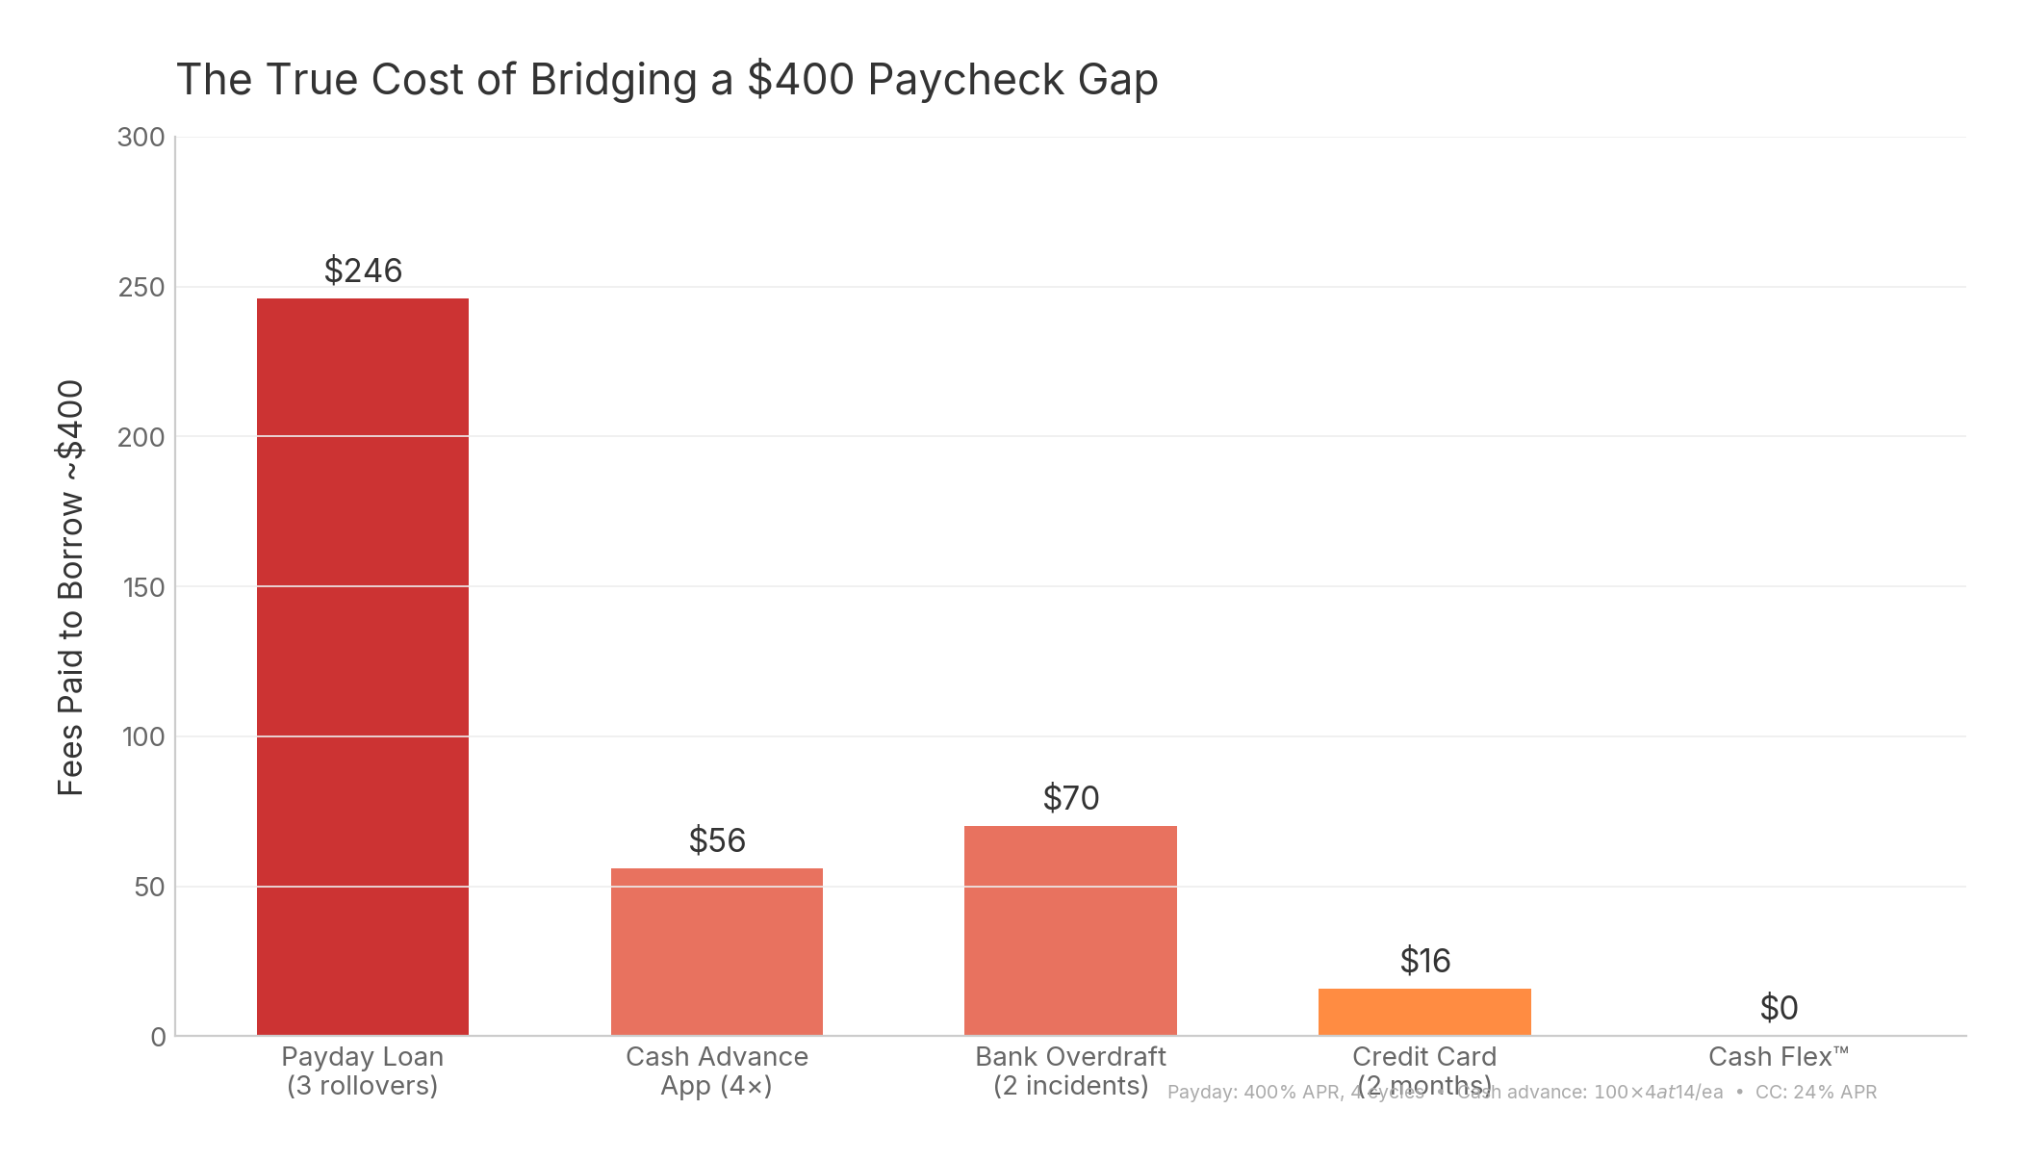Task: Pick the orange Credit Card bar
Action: [1423, 1012]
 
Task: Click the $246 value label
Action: [363, 271]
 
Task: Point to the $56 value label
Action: [717, 840]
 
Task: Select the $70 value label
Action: [1070, 798]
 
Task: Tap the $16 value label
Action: [1424, 961]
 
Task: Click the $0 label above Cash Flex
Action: [1779, 1008]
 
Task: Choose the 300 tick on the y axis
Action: [141, 138]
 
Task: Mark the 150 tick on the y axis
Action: [143, 587]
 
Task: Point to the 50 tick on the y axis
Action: [149, 887]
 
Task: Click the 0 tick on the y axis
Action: [158, 1037]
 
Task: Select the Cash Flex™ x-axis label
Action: [1779, 1057]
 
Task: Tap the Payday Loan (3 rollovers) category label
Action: [362, 1071]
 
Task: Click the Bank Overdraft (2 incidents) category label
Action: [1070, 1071]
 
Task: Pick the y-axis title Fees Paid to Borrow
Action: [71, 587]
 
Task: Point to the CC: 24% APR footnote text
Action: [1815, 1093]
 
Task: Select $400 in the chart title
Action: [801, 80]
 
